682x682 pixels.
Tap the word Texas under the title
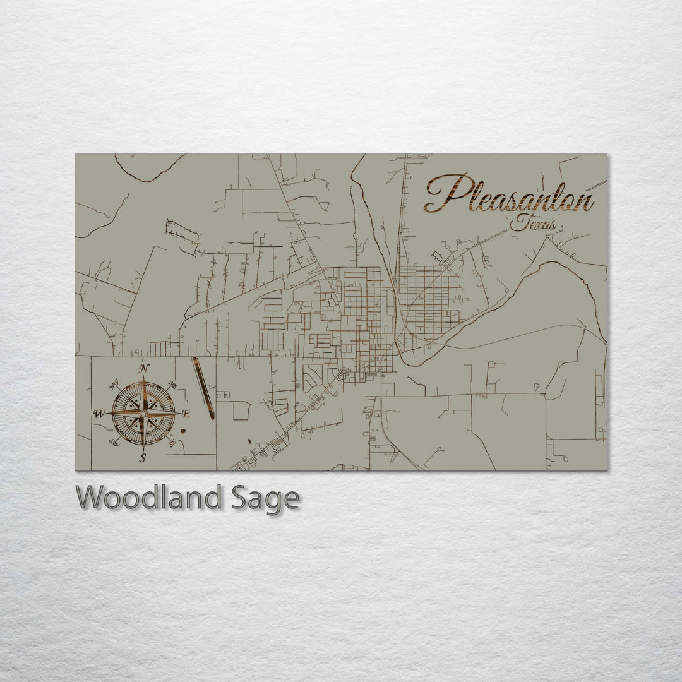click(x=533, y=223)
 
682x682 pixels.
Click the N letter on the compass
click(x=145, y=369)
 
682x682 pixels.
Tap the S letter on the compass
click(x=143, y=457)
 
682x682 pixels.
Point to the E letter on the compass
click(x=186, y=414)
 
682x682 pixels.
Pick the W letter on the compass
click(x=99, y=414)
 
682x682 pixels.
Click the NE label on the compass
click(x=174, y=385)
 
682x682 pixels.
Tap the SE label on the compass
click(x=172, y=443)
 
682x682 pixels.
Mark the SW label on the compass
click(x=114, y=442)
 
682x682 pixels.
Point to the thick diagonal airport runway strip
click(x=203, y=388)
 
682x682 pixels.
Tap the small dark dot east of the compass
click(x=182, y=431)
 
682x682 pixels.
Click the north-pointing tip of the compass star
click(x=144, y=378)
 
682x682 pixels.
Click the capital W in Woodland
click(x=91, y=498)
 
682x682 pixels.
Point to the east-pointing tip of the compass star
click(x=179, y=413)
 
